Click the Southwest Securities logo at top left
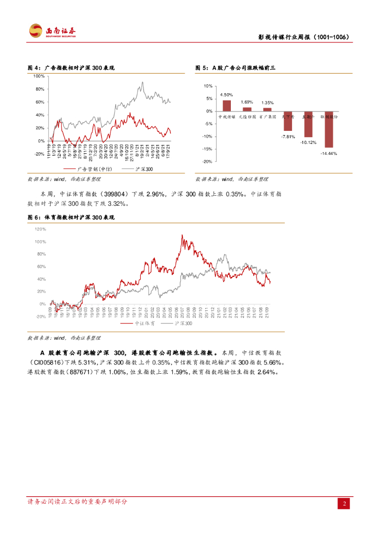tap(52, 31)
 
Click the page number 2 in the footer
tap(344, 504)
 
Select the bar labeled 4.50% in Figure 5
tap(226, 106)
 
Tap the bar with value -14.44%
tap(328, 129)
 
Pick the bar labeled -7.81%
tap(287, 121)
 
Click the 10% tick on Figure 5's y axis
tap(208, 86)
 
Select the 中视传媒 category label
tap(227, 117)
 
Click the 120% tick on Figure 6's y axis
tap(40, 229)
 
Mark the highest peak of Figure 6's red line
tap(182, 236)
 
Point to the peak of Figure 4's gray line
tap(142, 82)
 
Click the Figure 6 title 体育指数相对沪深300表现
tap(79, 217)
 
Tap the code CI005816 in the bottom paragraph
tap(47, 362)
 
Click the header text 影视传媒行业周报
tap(285, 38)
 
